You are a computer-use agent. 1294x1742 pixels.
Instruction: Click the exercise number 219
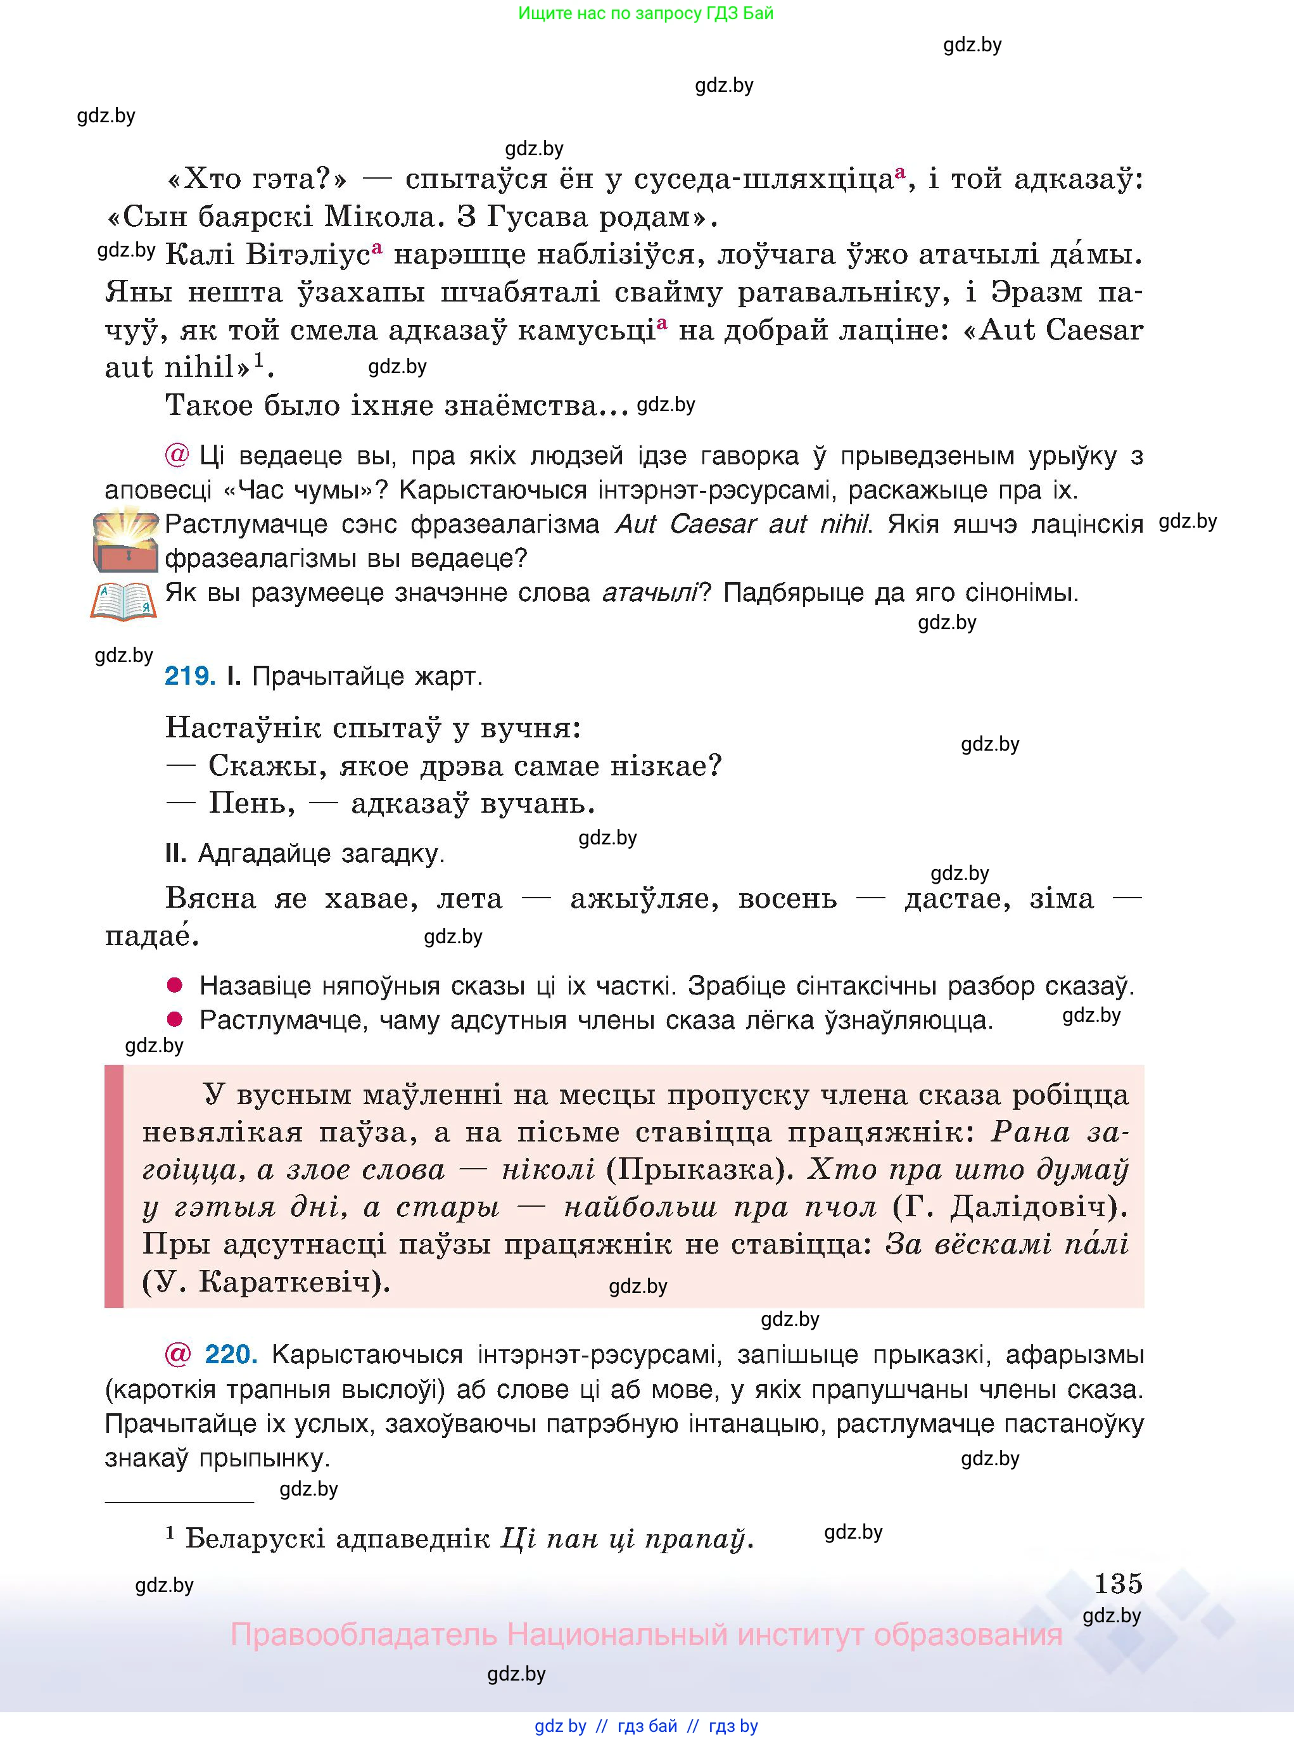pos(189,676)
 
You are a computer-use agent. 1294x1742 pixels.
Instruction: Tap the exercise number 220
pos(231,1354)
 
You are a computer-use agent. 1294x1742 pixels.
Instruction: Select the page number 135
pos(1118,1584)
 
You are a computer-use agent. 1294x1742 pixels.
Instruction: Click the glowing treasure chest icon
pos(125,540)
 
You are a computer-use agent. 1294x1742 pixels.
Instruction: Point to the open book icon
pos(124,602)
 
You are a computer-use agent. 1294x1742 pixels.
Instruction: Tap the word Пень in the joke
pos(251,804)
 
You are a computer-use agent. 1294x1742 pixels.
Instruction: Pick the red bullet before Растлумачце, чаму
pos(175,1019)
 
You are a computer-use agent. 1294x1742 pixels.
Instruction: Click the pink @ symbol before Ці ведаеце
pos(177,455)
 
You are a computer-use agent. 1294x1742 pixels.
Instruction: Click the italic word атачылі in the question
pos(649,593)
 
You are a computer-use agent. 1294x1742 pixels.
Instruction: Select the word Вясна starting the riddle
pos(211,898)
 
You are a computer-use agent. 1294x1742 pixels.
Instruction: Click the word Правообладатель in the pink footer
pos(364,1636)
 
